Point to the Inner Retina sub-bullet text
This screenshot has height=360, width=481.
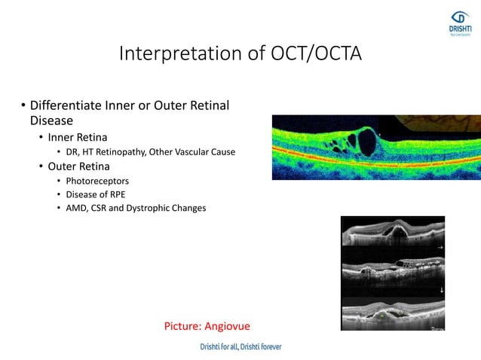click(x=78, y=137)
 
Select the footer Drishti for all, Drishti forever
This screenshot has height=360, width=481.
click(x=240, y=347)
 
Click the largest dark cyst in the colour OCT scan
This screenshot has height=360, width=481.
click(x=369, y=140)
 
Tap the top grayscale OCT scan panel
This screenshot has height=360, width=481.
click(x=392, y=231)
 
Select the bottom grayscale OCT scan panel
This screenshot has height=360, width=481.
click(x=392, y=313)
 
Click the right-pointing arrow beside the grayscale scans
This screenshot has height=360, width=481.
click(x=439, y=246)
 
